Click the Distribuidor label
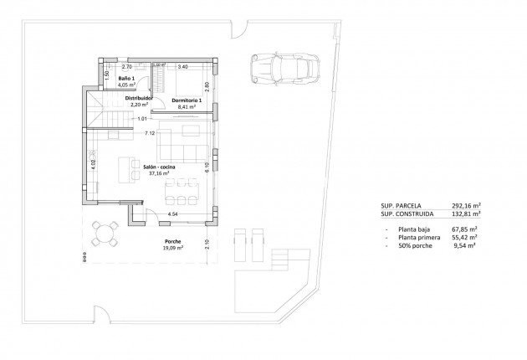point(139,98)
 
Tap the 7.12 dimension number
point(150,133)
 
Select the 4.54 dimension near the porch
point(173,214)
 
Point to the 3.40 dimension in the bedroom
point(183,65)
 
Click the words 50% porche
point(413,246)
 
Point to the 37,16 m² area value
point(161,175)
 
